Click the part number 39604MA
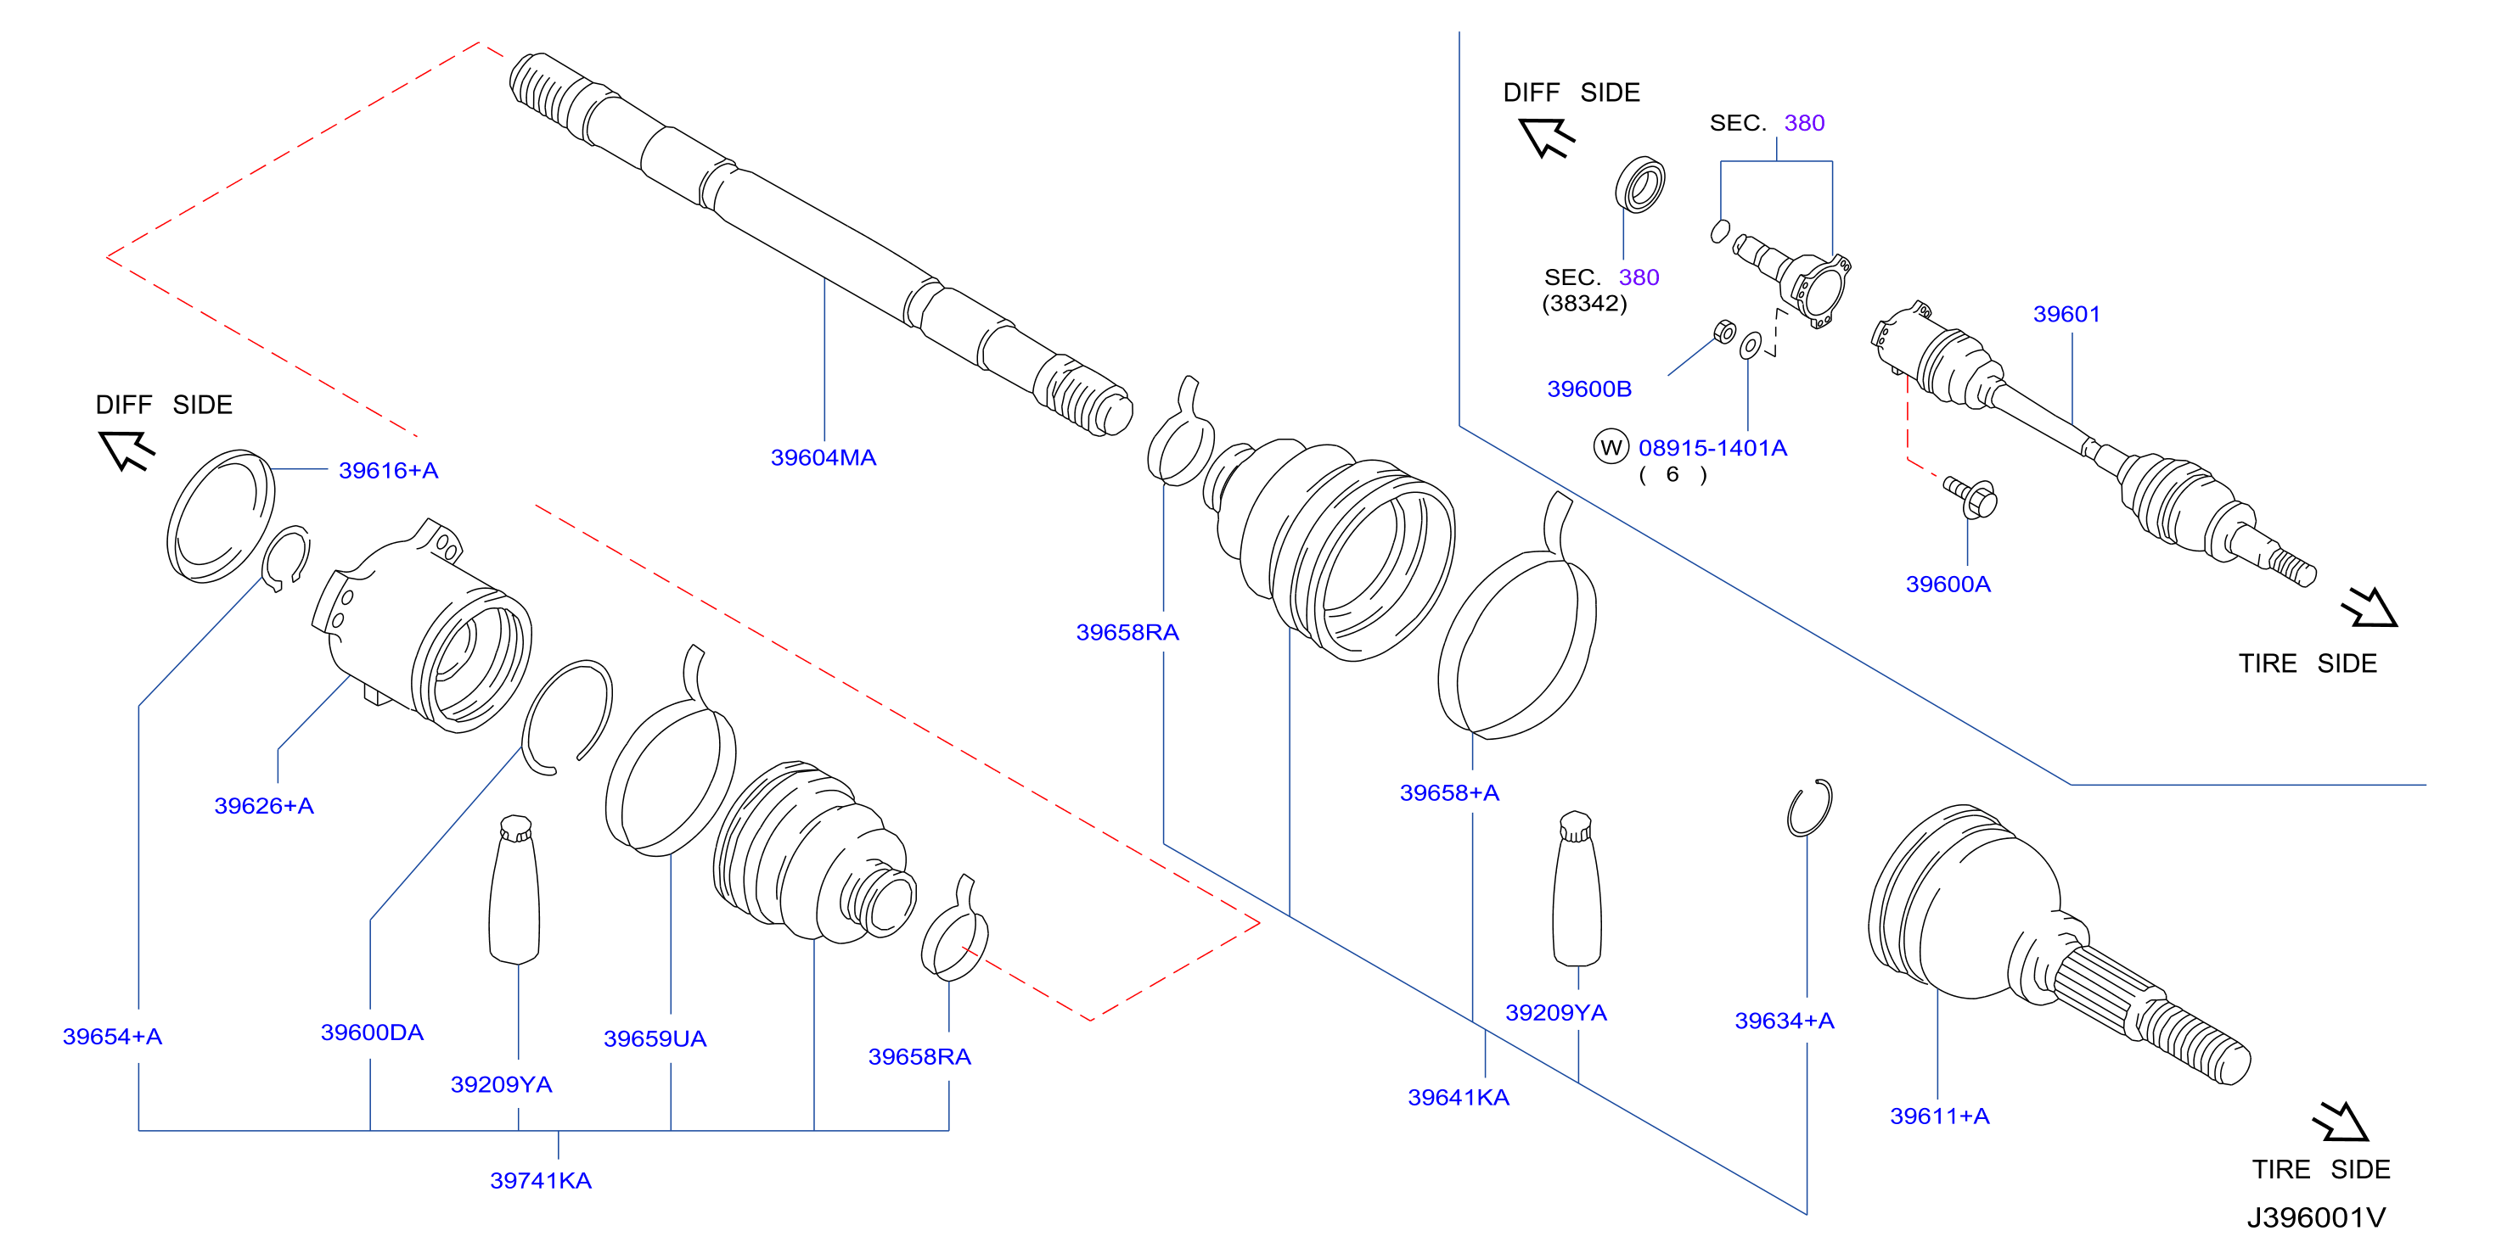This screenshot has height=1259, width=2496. [x=823, y=457]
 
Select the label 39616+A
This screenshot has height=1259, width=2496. [x=388, y=470]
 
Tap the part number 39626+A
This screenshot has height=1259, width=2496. [x=263, y=805]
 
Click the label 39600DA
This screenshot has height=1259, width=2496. [x=372, y=1032]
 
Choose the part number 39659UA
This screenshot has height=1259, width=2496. [x=655, y=1038]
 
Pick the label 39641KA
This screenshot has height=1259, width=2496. [x=1459, y=1096]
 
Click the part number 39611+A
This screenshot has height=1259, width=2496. [x=1940, y=1115]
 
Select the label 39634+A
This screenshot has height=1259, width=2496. [x=1785, y=1020]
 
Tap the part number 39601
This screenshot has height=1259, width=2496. [x=2066, y=314]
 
